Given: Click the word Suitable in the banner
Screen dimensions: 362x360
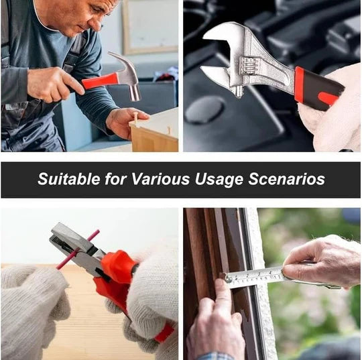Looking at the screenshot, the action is click(x=69, y=179).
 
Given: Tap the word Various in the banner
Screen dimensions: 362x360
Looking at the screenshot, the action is click(x=160, y=179).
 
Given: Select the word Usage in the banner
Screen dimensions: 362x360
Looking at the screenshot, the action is click(x=219, y=180).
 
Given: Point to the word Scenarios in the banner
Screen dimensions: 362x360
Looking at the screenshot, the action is click(x=286, y=179).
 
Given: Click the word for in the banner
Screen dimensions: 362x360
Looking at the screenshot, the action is click(x=116, y=179).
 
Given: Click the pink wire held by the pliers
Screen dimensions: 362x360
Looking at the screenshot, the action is click(x=78, y=249).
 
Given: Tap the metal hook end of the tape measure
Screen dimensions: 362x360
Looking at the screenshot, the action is click(x=227, y=278).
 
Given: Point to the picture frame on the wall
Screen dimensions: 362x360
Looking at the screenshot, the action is click(x=150, y=27).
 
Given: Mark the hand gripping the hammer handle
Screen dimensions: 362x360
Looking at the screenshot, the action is click(x=55, y=84).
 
